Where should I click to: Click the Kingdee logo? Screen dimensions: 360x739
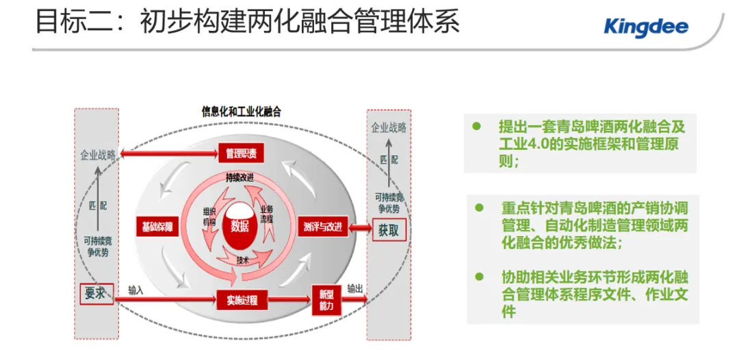click(646, 27)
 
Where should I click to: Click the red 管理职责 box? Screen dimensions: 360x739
click(241, 153)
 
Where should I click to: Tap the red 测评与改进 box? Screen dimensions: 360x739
click(323, 227)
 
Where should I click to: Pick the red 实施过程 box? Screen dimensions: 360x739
click(241, 299)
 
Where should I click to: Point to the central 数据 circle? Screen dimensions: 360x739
click(240, 227)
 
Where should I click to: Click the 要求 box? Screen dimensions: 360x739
click(95, 293)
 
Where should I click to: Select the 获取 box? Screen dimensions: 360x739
click(389, 230)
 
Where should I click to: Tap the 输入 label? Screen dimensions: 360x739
click(135, 290)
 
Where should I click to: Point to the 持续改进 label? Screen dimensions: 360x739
click(240, 177)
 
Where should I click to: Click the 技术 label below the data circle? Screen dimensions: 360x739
click(243, 260)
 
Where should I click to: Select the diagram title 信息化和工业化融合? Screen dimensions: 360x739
click(242, 112)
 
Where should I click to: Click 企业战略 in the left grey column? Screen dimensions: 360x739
click(99, 155)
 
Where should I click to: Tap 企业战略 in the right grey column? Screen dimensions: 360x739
click(389, 127)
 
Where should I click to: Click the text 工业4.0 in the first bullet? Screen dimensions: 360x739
click(528, 144)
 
